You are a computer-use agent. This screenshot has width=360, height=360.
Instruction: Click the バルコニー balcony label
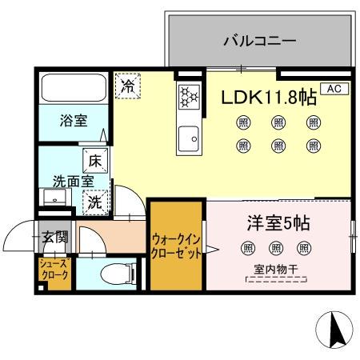tap(259, 39)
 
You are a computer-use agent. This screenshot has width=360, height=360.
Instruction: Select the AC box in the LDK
tap(333, 89)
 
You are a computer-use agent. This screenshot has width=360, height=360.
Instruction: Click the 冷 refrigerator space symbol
tap(126, 86)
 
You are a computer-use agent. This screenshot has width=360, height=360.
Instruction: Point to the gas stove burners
tap(188, 97)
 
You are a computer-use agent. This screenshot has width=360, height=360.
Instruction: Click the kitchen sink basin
tap(189, 138)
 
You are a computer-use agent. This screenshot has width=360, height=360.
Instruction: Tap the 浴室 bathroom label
tap(73, 121)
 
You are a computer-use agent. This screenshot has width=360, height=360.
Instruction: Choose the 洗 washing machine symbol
tap(94, 202)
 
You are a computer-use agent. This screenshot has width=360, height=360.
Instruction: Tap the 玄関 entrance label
tap(55, 237)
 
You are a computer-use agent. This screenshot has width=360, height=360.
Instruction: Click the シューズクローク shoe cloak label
tap(54, 269)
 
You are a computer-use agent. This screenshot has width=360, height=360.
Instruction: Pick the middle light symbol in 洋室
tap(276, 248)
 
